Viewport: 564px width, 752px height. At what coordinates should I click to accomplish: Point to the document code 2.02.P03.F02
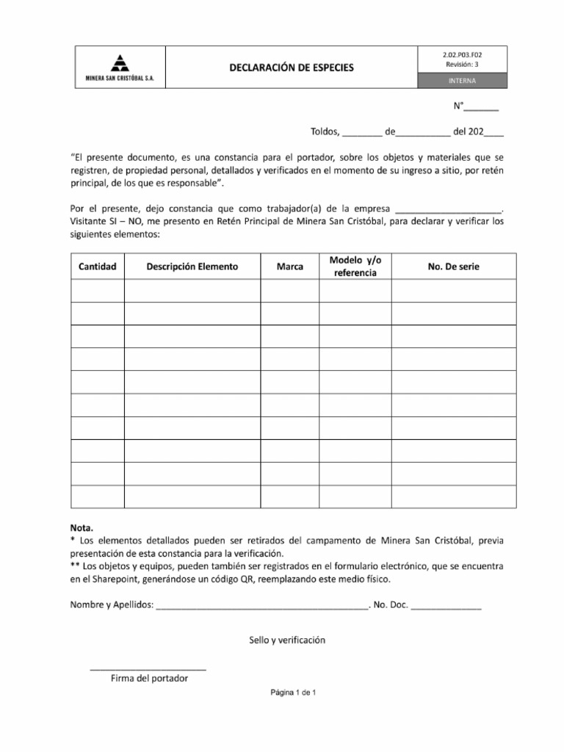click(462, 54)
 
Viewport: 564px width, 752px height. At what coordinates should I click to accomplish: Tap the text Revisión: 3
click(462, 65)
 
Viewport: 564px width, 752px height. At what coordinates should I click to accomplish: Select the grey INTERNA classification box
click(462, 81)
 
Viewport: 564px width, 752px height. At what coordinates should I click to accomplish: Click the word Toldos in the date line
click(325, 133)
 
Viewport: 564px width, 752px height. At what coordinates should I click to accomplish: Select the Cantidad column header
click(98, 267)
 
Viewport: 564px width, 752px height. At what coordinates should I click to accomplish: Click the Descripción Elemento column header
click(192, 267)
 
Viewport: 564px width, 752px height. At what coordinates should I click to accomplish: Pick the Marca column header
click(289, 267)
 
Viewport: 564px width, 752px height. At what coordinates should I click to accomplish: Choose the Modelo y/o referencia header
click(355, 267)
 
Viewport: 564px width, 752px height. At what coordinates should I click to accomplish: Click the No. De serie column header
click(453, 267)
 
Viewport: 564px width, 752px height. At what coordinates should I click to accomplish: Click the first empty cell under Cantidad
click(98, 292)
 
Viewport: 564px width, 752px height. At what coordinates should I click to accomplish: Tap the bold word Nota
click(82, 527)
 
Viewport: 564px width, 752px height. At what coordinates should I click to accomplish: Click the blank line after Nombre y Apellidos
click(261, 607)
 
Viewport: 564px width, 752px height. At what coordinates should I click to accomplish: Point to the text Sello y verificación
click(287, 640)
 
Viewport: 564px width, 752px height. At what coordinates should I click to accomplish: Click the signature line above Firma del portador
click(148, 669)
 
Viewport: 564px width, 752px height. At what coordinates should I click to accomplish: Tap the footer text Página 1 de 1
click(292, 693)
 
